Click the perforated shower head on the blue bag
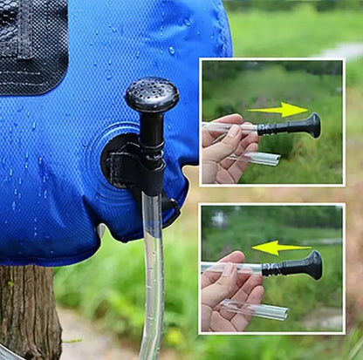(x=152, y=94)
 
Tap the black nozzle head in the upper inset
(x=311, y=126)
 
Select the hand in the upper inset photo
(x=225, y=148)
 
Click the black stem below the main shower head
(x=153, y=139)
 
